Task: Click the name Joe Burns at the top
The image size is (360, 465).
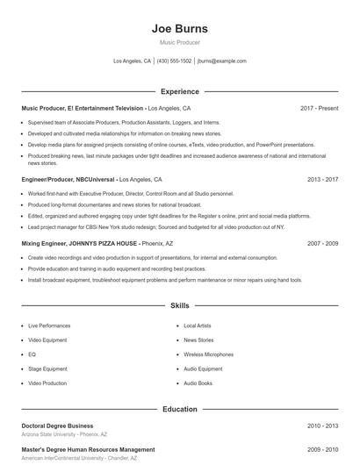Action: pos(179,28)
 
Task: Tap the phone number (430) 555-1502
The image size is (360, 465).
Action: pos(174,61)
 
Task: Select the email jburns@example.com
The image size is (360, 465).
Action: pos(222,61)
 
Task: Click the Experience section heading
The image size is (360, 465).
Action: pos(179,91)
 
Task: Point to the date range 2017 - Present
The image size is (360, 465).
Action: pos(319,108)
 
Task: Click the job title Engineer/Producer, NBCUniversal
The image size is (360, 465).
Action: pos(68,179)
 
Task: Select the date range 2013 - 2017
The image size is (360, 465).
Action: pos(322,179)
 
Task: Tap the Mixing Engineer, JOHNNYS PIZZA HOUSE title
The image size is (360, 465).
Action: pos(80,243)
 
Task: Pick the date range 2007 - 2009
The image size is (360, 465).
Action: pos(322,243)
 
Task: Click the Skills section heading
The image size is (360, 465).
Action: pos(179,305)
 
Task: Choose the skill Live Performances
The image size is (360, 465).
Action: pos(49,325)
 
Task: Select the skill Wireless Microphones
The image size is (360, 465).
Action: pos(208,354)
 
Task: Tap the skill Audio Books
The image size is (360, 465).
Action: pos(198,383)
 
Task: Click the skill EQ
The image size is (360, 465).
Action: pos(32,354)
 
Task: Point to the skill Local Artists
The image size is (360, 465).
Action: pos(198,325)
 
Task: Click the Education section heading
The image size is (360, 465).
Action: pos(179,409)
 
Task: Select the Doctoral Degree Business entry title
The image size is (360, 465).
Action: pos(57,426)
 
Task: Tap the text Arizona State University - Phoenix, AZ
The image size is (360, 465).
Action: pos(64,434)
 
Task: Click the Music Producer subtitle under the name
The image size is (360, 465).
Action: pos(179,42)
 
